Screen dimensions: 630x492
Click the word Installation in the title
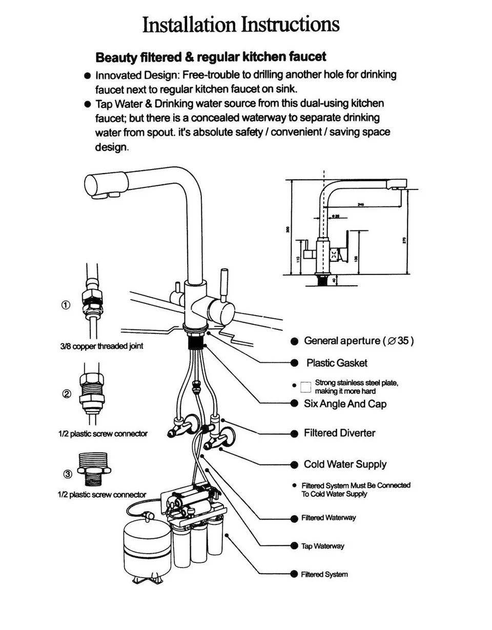(189, 24)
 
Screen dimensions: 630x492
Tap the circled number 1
(66, 305)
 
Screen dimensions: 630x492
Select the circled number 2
(67, 394)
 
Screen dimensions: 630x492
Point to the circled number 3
(68, 474)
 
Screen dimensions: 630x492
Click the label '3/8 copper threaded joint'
(101, 346)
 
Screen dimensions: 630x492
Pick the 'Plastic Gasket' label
(337, 363)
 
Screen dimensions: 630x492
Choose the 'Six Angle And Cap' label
(345, 404)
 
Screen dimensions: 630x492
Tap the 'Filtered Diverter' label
(339, 433)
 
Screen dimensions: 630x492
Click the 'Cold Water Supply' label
(345, 465)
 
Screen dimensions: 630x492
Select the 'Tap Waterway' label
(322, 546)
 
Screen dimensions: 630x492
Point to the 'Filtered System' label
(324, 575)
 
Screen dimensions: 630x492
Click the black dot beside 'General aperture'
(294, 342)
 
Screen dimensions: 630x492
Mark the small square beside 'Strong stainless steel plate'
(306, 387)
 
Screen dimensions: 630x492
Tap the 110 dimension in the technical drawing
(298, 259)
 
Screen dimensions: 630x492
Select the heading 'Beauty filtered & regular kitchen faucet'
(211, 56)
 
